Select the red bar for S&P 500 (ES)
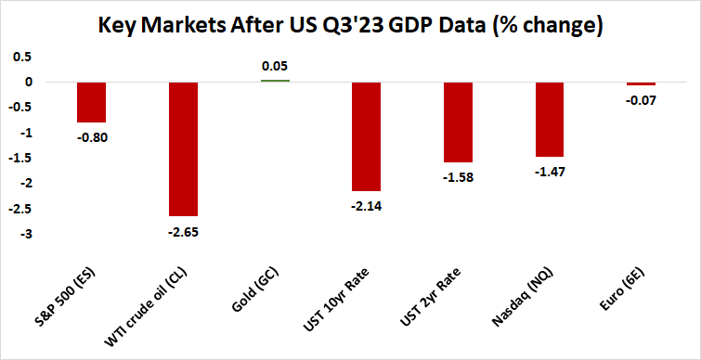pyautogui.click(x=91, y=102)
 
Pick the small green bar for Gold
pyautogui.click(x=275, y=81)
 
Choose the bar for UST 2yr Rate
pyautogui.click(x=458, y=122)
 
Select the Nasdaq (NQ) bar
pyautogui.click(x=550, y=119)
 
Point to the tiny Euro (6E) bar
pyautogui.click(x=641, y=84)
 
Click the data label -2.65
pyautogui.click(x=183, y=231)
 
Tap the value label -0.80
pyautogui.click(x=91, y=137)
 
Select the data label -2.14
pyautogui.click(x=367, y=205)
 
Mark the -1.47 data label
pyautogui.click(x=550, y=172)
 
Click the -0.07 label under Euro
pyautogui.click(x=641, y=100)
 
